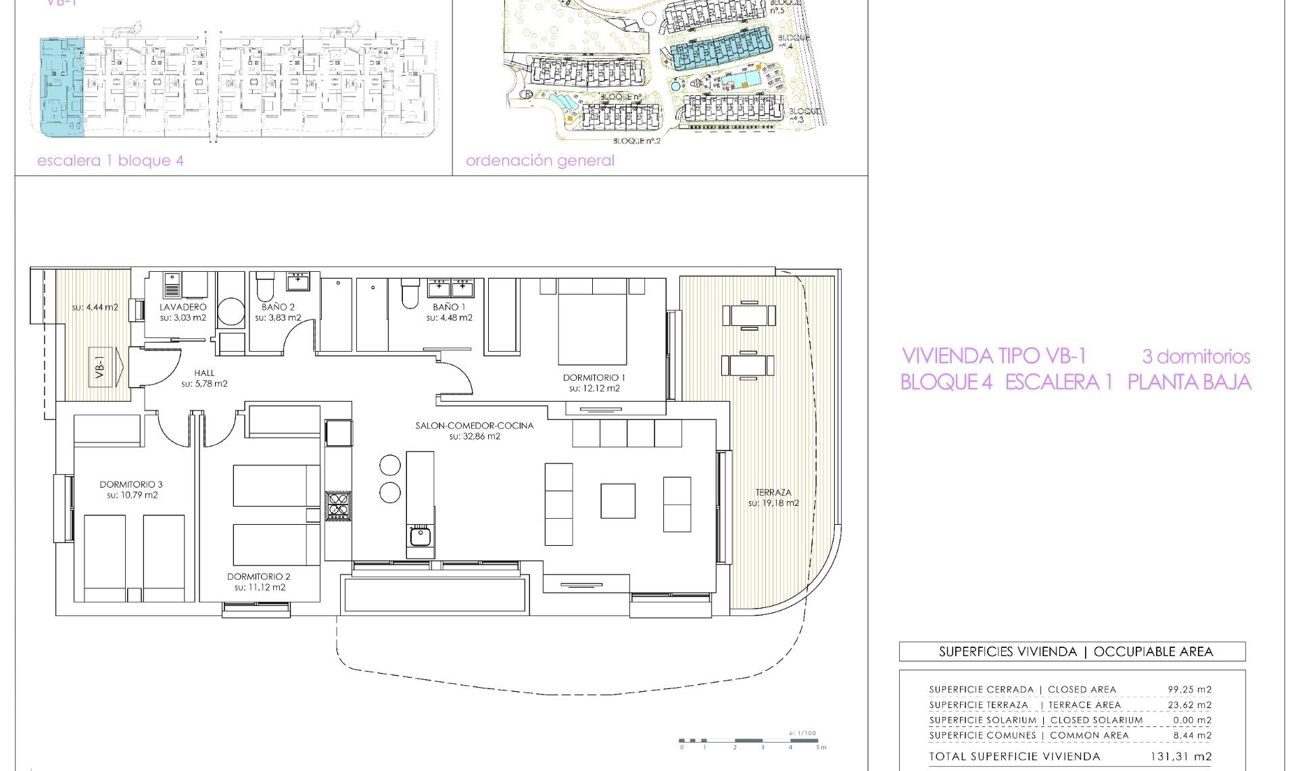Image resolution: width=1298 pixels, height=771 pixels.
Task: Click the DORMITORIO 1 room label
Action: point(594,377)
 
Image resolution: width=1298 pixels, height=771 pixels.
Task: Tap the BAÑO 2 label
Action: point(278,307)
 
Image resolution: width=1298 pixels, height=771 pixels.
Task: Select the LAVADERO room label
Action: point(183,307)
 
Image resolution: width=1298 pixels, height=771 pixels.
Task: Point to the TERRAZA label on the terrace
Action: point(773,492)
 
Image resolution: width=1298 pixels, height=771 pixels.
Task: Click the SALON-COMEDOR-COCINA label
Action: point(474,425)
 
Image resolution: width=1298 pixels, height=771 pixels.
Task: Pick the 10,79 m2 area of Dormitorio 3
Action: point(132,495)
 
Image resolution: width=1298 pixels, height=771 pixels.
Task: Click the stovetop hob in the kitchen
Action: point(338,505)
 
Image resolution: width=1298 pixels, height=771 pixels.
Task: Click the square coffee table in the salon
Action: point(617,500)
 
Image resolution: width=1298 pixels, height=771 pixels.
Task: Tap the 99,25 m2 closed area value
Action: point(1189,690)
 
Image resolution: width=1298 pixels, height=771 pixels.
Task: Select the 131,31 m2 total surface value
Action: point(1180,757)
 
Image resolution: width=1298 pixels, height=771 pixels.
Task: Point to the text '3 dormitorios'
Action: point(1196,356)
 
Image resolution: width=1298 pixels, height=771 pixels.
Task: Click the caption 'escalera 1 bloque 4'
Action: point(110,161)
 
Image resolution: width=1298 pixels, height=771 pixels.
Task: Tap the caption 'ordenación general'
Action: point(539,161)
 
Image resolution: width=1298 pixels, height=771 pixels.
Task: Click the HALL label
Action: point(204,373)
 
